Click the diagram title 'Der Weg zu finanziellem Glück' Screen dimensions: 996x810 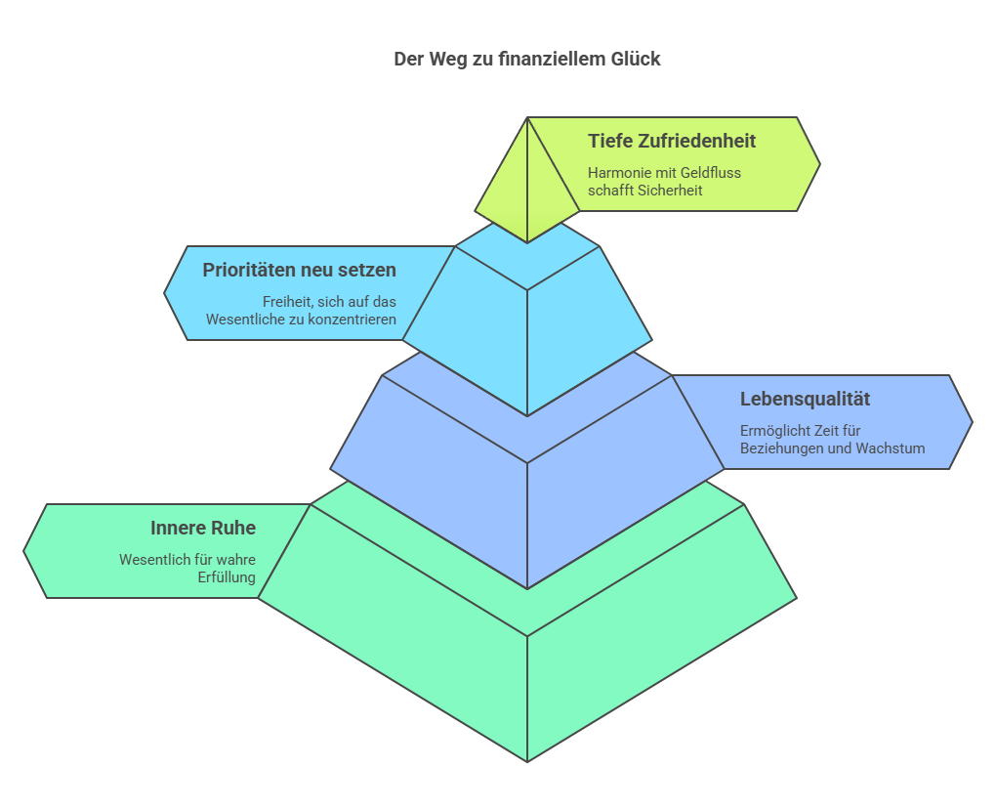point(526,60)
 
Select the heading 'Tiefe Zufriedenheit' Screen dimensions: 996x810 point(672,141)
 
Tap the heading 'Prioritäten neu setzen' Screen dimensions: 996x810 point(299,270)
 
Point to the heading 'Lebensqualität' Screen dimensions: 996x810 point(805,399)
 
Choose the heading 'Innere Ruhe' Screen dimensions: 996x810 point(203,528)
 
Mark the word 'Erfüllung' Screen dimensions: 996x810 point(227,577)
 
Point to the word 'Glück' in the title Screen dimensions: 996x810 point(636,60)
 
